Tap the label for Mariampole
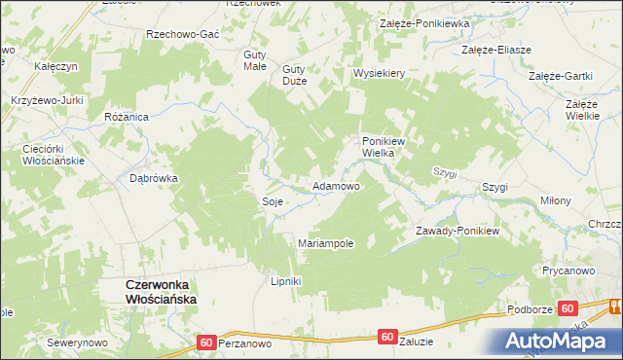(x=325, y=243)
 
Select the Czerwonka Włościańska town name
(x=161, y=292)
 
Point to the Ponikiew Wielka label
(x=383, y=146)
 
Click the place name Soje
(x=273, y=201)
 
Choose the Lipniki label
(x=285, y=282)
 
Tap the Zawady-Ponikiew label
(x=457, y=231)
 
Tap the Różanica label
(x=126, y=116)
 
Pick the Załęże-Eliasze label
(x=496, y=50)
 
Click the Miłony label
(x=556, y=200)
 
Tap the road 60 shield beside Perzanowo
(x=205, y=342)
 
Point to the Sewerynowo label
(x=77, y=343)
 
